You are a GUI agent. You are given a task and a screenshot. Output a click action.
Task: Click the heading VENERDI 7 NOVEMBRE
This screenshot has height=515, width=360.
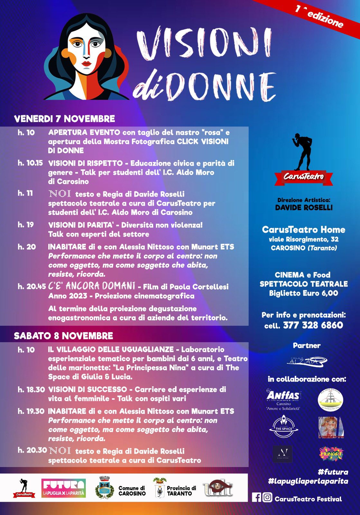[x=64, y=119]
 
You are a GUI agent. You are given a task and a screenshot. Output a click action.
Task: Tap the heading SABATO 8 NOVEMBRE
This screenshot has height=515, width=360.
[x=63, y=336]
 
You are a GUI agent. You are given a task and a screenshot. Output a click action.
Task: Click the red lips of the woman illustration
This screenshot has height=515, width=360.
[x=86, y=63]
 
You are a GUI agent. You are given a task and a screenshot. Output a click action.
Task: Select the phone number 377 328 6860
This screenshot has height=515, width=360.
[x=313, y=325]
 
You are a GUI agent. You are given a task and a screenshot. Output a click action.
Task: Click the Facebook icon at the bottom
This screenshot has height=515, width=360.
[x=256, y=498]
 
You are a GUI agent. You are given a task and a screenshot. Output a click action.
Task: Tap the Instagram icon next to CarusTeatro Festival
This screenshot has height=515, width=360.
[x=267, y=498]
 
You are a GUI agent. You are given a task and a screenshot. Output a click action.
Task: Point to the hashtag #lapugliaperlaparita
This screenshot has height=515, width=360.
[x=308, y=481]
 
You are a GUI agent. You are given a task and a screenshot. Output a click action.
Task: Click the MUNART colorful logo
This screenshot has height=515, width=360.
[x=331, y=454]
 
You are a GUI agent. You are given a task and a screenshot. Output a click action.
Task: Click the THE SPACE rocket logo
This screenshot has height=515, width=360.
[x=283, y=427]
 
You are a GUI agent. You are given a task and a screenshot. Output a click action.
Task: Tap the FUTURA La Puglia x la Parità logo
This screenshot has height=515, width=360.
[x=64, y=488]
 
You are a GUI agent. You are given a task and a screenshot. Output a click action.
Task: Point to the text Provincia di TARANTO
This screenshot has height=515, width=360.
[x=181, y=491]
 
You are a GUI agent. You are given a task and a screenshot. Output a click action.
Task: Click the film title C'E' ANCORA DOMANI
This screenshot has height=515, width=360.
[x=92, y=286]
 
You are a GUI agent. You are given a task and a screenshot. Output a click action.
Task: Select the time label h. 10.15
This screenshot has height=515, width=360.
[x=30, y=163]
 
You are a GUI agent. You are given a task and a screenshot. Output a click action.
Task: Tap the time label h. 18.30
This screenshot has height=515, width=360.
[x=31, y=389]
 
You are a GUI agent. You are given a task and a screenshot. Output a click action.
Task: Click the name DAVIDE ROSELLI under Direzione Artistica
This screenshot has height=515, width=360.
[x=304, y=208]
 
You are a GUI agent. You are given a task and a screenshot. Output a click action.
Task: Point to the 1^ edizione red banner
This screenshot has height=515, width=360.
[x=318, y=16]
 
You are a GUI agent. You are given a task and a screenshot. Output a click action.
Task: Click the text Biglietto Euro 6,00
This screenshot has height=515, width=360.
[x=303, y=293]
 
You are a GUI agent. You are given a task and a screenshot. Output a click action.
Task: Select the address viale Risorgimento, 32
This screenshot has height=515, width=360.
[x=303, y=239]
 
